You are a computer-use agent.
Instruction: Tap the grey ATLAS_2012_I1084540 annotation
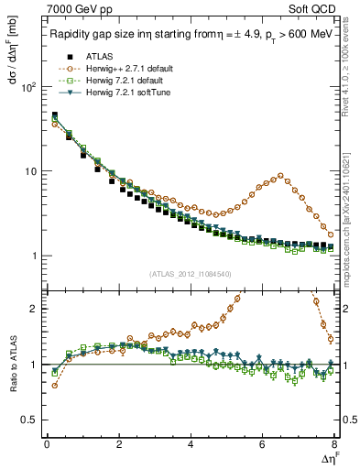191,273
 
